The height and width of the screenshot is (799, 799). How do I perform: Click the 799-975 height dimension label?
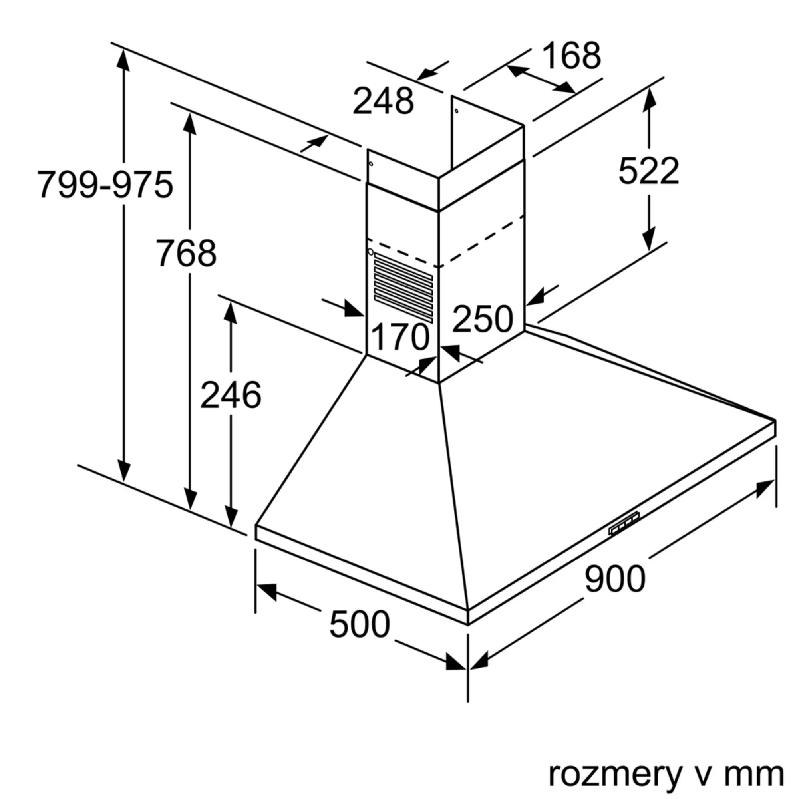(105, 185)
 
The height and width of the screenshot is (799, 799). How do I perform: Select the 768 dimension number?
(186, 253)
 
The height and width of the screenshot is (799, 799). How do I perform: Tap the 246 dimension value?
(231, 395)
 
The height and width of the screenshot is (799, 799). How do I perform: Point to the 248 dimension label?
(383, 101)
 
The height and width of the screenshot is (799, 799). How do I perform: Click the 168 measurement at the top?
(572, 56)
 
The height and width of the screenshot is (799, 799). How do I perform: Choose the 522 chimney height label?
(648, 171)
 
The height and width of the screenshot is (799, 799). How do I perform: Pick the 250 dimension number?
(482, 318)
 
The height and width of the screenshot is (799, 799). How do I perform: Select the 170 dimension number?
(400, 337)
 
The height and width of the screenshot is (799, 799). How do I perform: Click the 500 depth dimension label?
(360, 624)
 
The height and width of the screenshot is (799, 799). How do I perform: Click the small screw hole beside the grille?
(371, 251)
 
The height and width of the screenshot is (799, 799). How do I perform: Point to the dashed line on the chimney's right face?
(482, 241)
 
